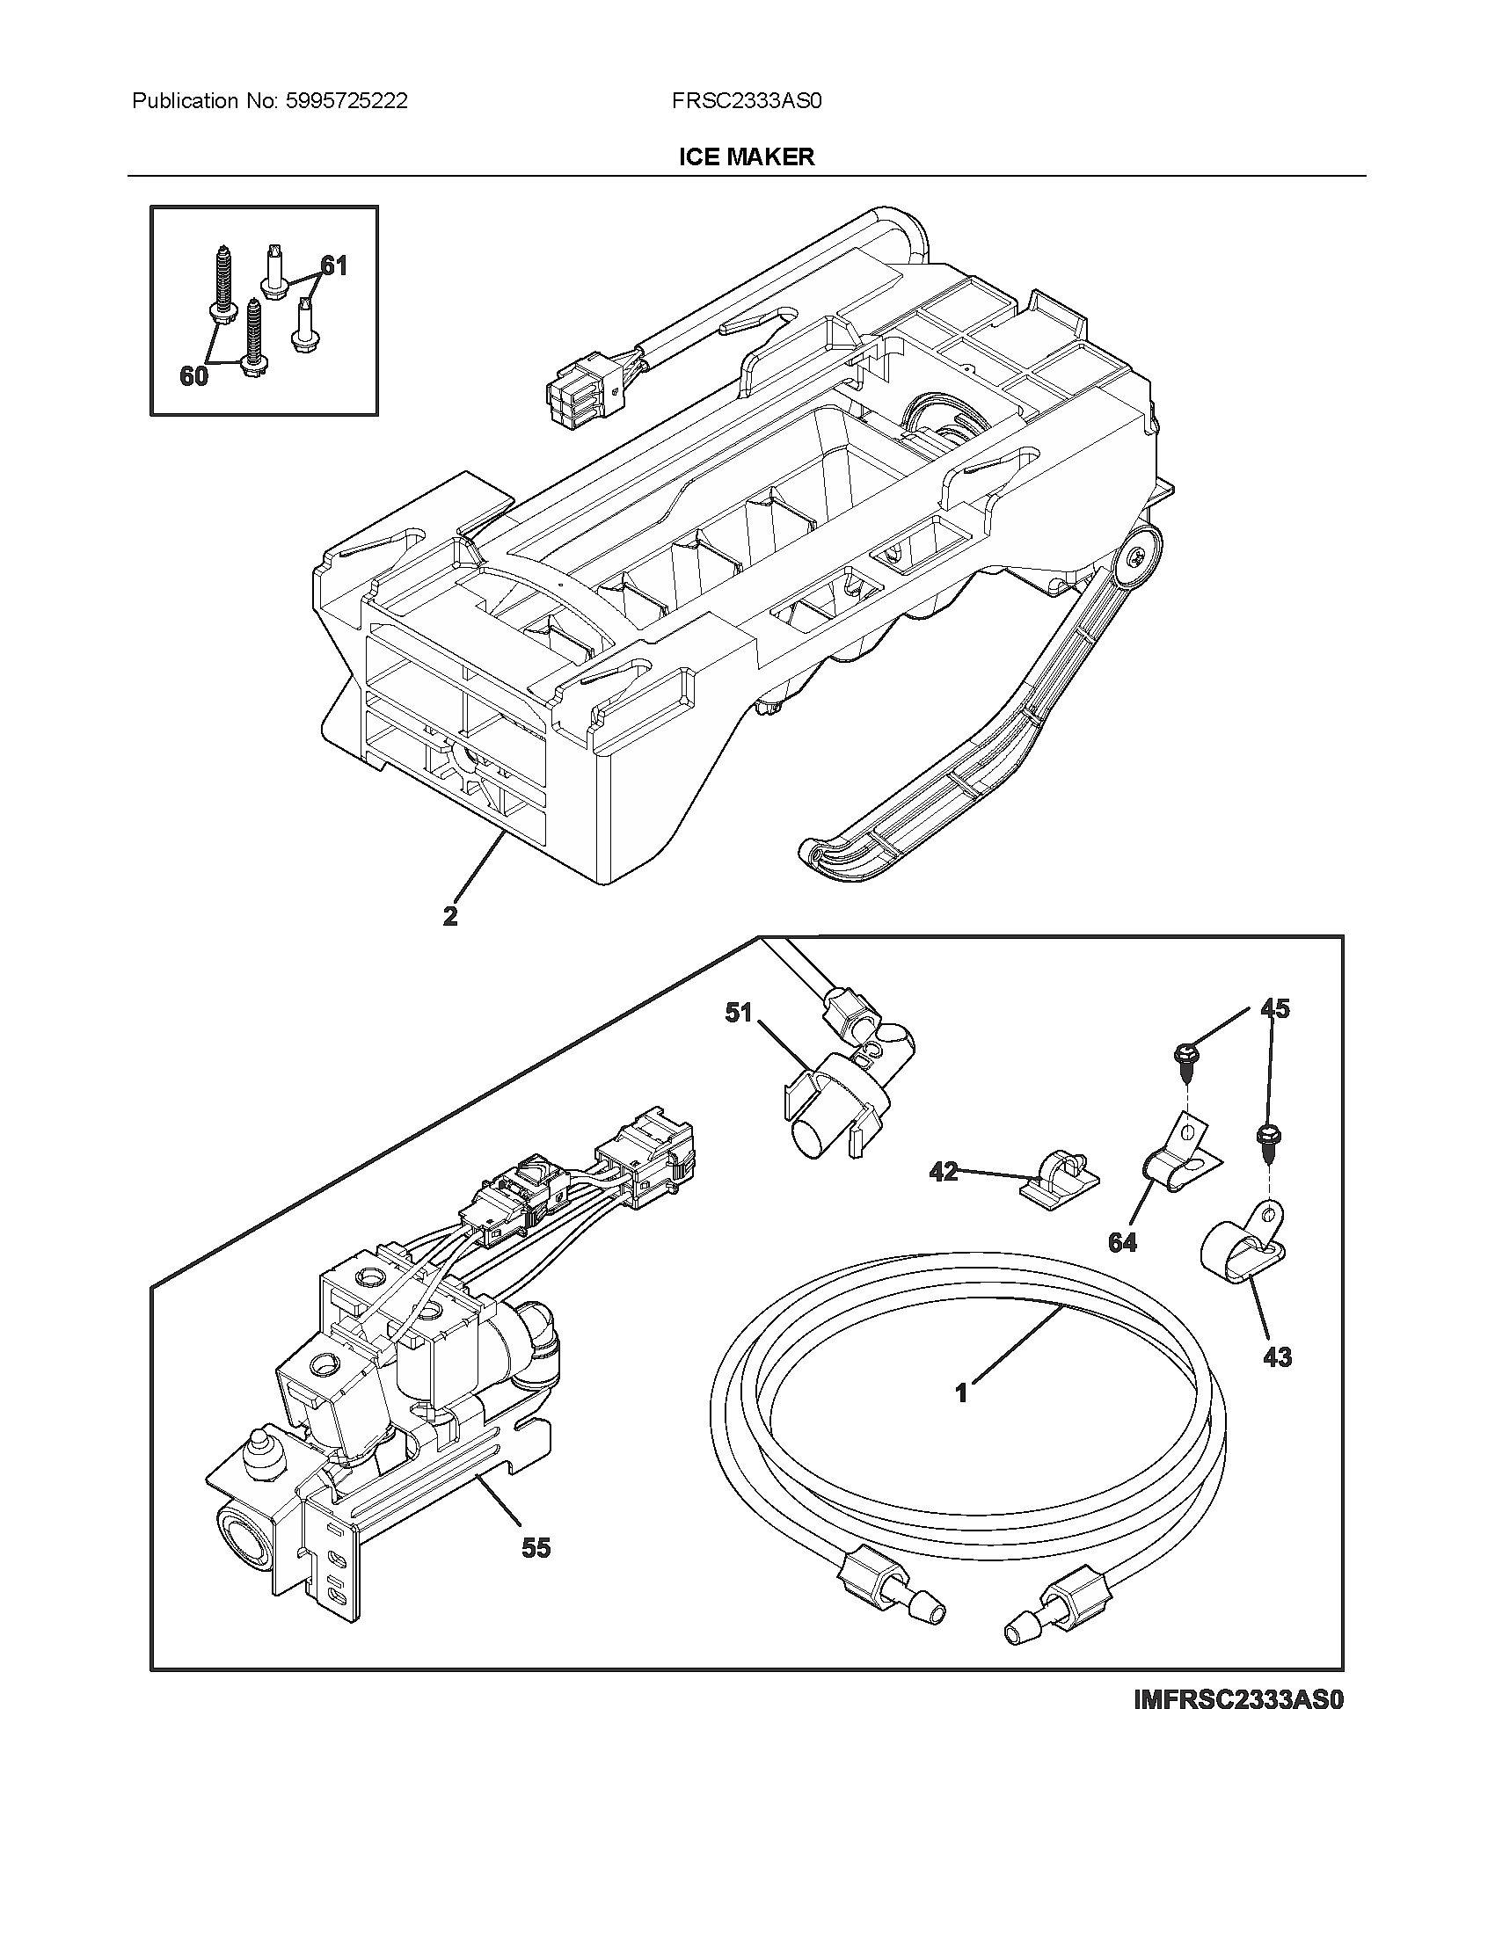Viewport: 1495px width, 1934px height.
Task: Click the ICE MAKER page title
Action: pyautogui.click(x=746, y=157)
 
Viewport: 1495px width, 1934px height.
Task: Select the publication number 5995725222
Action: pyautogui.click(x=346, y=101)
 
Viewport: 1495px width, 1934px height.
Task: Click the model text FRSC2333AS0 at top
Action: pyautogui.click(x=747, y=101)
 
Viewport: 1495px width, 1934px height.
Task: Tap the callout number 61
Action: pyautogui.click(x=333, y=265)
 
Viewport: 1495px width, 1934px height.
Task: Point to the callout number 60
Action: pyautogui.click(x=193, y=377)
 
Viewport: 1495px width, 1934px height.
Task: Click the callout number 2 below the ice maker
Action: pyautogui.click(x=450, y=917)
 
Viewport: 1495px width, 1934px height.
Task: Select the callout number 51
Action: pyautogui.click(x=738, y=1012)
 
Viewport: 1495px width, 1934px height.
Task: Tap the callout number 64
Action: pyautogui.click(x=1122, y=1243)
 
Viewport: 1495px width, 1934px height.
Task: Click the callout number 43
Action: pyautogui.click(x=1276, y=1356)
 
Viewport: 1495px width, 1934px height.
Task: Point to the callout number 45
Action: pyautogui.click(x=1275, y=1008)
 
